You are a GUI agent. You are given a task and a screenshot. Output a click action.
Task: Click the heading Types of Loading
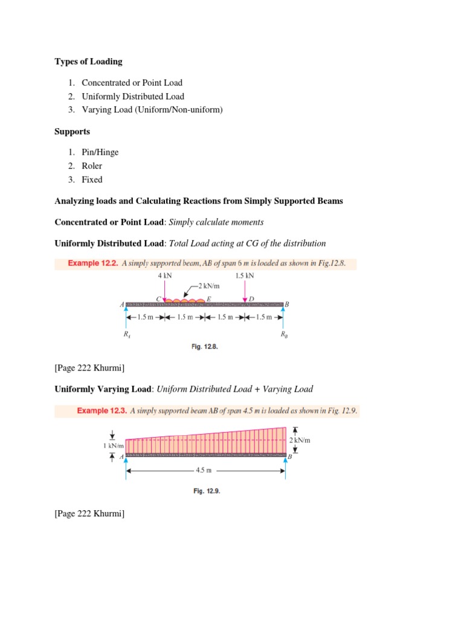pyautogui.click(x=88, y=61)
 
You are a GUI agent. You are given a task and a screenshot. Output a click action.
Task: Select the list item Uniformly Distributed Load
pyautogui.click(x=133, y=96)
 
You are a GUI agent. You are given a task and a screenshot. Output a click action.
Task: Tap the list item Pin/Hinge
pyautogui.click(x=100, y=152)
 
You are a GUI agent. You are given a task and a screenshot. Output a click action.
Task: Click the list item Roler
pyautogui.click(x=92, y=166)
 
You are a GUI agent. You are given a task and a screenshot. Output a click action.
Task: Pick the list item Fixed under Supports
pyautogui.click(x=92, y=180)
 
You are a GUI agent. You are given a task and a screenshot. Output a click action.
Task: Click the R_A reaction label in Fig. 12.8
pyautogui.click(x=126, y=334)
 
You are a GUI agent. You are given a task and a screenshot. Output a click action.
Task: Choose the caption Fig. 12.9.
pyautogui.click(x=207, y=491)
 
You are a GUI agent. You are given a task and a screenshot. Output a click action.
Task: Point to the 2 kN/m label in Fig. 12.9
pyautogui.click(x=300, y=441)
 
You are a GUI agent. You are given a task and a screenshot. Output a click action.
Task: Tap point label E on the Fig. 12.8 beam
pyautogui.click(x=209, y=299)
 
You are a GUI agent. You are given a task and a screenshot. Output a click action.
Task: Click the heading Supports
pyautogui.click(x=72, y=131)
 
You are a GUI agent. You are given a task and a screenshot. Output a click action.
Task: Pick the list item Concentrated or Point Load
pyautogui.click(x=132, y=83)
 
